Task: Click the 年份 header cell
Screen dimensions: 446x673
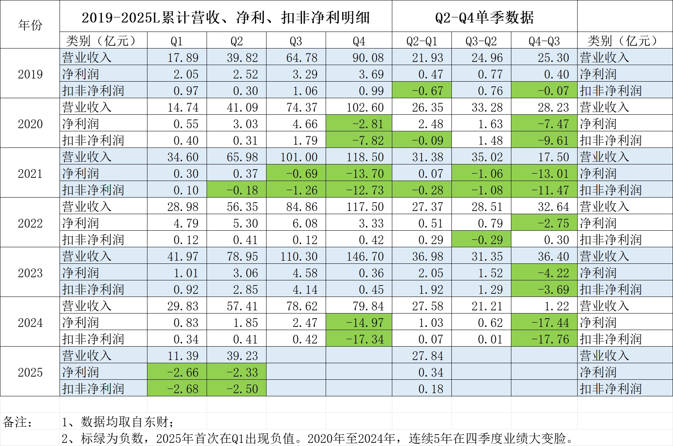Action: [x=30, y=25]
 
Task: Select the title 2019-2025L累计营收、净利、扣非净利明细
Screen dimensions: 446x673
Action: [x=226, y=17]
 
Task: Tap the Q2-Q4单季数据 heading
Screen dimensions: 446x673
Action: [x=484, y=17]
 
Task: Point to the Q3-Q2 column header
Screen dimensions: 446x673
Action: [x=481, y=41]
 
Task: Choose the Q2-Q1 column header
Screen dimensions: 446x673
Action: [x=421, y=41]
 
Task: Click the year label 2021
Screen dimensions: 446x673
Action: [x=30, y=174]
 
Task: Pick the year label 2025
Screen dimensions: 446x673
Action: [x=30, y=372]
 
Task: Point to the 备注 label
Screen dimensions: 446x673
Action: [x=18, y=422]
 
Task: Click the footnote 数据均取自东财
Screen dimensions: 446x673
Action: [x=118, y=422]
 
